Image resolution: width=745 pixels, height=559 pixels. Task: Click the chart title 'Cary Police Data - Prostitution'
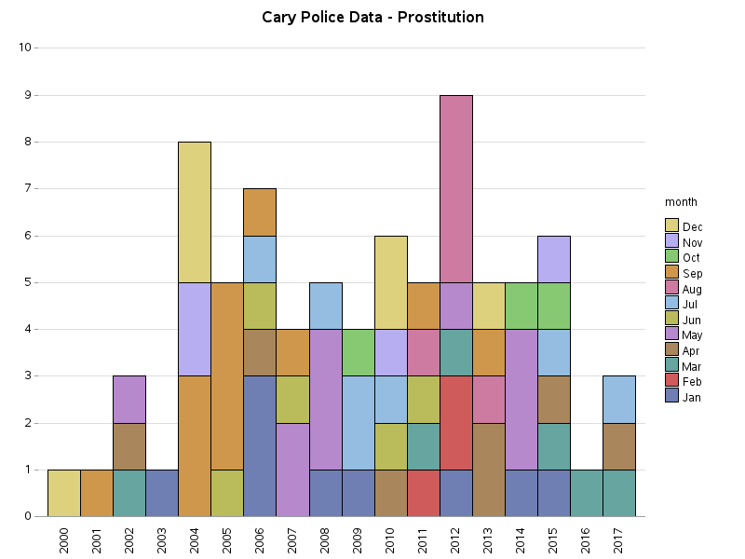coord(372,18)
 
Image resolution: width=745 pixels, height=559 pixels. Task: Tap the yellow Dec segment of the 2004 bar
coord(195,212)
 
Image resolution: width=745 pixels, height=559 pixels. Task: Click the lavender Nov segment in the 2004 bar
coord(195,329)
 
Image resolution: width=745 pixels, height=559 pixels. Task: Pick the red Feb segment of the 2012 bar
coord(455,423)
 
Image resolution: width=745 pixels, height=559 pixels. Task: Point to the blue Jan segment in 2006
coord(260,446)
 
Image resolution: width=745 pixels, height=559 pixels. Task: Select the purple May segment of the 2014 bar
coord(521,400)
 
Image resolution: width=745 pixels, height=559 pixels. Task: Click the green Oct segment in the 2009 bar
coord(358,352)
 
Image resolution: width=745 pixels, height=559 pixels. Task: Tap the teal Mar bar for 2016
coord(586,493)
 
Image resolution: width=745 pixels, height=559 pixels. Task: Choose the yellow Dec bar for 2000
coord(64,493)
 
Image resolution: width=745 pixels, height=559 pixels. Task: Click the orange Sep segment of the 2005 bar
coord(227,376)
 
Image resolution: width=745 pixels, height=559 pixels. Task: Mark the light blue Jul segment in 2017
coord(618,400)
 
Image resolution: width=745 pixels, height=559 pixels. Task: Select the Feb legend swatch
coord(671,382)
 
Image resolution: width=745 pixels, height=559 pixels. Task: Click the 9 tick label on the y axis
coord(26,95)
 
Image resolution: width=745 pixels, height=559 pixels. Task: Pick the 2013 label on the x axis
coord(488,540)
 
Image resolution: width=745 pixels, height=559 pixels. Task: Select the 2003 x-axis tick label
coord(162,540)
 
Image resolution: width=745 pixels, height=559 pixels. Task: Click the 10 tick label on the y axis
coord(25,48)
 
